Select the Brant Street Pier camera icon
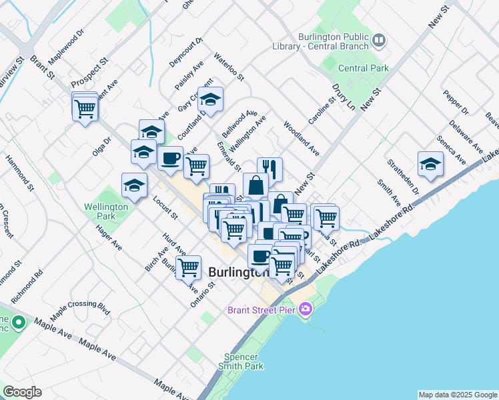tap(306, 308)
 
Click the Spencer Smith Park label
tap(243, 361)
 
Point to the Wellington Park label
tap(106, 211)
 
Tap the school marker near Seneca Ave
tap(430, 164)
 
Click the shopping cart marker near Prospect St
tap(85, 107)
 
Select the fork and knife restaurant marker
tap(270, 168)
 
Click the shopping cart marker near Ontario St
tap(189, 267)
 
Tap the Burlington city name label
tap(238, 272)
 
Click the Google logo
tap(22, 391)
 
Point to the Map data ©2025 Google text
tap(458, 395)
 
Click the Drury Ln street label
tap(343, 98)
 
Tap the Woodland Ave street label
tap(301, 138)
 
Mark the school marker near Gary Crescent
tap(211, 99)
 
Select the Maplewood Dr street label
tap(71, 41)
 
